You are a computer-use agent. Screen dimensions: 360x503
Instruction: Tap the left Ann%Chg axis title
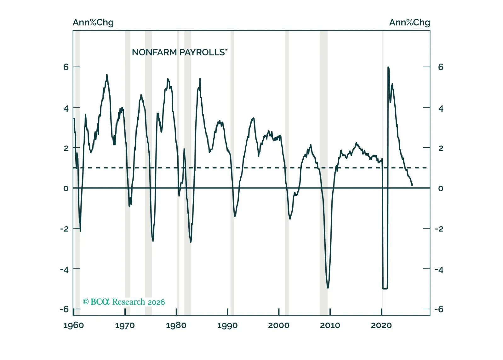pyautogui.click(x=93, y=22)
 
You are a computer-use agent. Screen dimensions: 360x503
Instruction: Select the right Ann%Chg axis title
pyautogui.click(x=409, y=22)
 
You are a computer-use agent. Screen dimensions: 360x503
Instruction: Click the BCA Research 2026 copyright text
pyautogui.click(x=123, y=302)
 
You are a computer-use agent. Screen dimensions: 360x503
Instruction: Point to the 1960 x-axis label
pyautogui.click(x=74, y=325)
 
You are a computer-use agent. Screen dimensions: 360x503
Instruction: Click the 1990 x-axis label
pyautogui.click(x=227, y=325)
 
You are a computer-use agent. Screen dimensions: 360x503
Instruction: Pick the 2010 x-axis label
pyautogui.click(x=330, y=325)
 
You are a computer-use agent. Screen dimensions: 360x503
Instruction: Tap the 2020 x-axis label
pyautogui.click(x=381, y=325)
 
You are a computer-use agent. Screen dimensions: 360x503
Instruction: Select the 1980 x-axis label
pyautogui.click(x=176, y=325)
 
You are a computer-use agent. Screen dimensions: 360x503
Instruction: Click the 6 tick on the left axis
pyautogui.click(x=66, y=67)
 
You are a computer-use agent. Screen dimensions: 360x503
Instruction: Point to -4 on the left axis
pyautogui.click(x=64, y=269)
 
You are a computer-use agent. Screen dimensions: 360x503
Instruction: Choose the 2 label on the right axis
pyautogui.click(x=441, y=148)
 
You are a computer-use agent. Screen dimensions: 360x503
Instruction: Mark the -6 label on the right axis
pyautogui.click(x=439, y=309)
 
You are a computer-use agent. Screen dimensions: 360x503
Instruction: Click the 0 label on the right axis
pyautogui.click(x=441, y=188)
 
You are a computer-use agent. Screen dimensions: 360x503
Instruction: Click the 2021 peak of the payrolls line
pyautogui.click(x=388, y=67)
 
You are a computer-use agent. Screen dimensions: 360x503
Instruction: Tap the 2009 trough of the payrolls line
pyautogui.click(x=328, y=288)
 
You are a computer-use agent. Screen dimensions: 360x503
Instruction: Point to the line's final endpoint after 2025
pyautogui.click(x=412, y=185)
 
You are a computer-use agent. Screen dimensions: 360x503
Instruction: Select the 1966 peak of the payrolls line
pyautogui.click(x=107, y=75)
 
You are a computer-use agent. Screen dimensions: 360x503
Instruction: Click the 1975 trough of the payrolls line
pyautogui.click(x=153, y=241)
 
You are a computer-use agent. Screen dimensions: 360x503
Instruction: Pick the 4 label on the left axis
pyautogui.click(x=66, y=109)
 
